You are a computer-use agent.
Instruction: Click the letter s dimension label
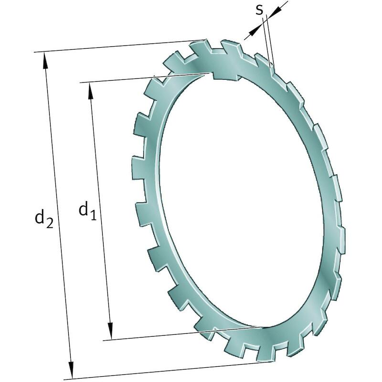tap(260, 10)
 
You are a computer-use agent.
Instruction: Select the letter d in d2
tap(40, 217)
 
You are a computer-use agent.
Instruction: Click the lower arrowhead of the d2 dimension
tap(71, 370)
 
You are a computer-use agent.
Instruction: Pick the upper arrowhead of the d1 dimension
tap(91, 91)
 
